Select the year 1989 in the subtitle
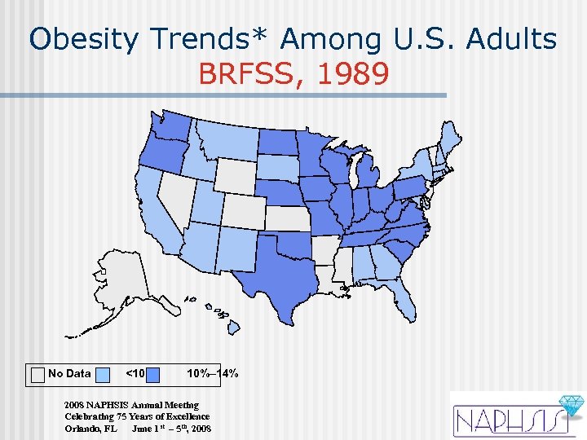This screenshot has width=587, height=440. pos(353,75)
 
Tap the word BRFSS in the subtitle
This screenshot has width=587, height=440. pos(253,75)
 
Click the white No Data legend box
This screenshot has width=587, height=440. pos(38,374)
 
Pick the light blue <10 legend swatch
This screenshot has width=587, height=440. pos(104,374)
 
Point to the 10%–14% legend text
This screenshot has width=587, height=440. pos(212,374)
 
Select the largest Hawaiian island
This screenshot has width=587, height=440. pos(232,328)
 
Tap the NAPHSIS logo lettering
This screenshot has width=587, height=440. pos(505,420)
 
